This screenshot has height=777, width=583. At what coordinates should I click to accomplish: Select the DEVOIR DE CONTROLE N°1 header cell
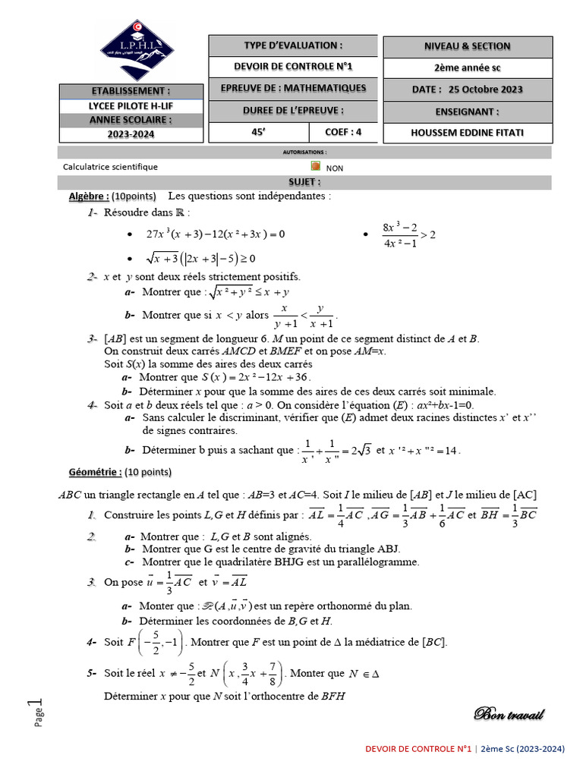pos(292,67)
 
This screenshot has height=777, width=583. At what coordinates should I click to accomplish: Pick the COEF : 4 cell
pos(343,132)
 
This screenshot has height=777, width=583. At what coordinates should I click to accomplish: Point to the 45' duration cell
pos(257,132)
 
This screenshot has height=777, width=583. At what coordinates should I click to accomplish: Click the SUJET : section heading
pos(304,182)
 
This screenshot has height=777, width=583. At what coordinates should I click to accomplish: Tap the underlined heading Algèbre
pos(89,196)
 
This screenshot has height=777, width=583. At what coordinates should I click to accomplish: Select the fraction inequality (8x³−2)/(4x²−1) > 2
pos(409,234)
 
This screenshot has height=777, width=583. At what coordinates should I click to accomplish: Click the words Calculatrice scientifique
pos(111,167)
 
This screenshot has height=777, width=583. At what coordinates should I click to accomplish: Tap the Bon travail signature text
pos(509,714)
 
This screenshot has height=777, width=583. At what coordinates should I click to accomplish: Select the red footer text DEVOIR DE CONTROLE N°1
pos(419,749)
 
